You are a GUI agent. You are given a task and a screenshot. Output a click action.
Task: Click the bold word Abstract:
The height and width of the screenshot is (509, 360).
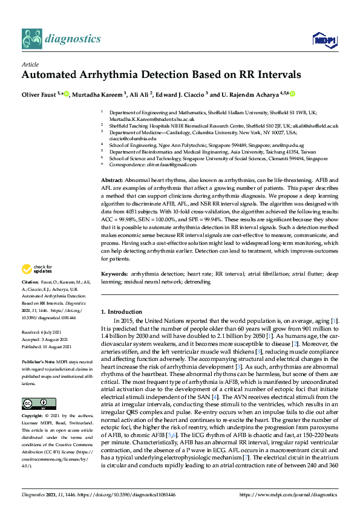[x=112, y=181]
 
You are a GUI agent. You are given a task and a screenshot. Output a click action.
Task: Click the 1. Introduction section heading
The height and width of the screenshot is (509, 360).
[x=121, y=311]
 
